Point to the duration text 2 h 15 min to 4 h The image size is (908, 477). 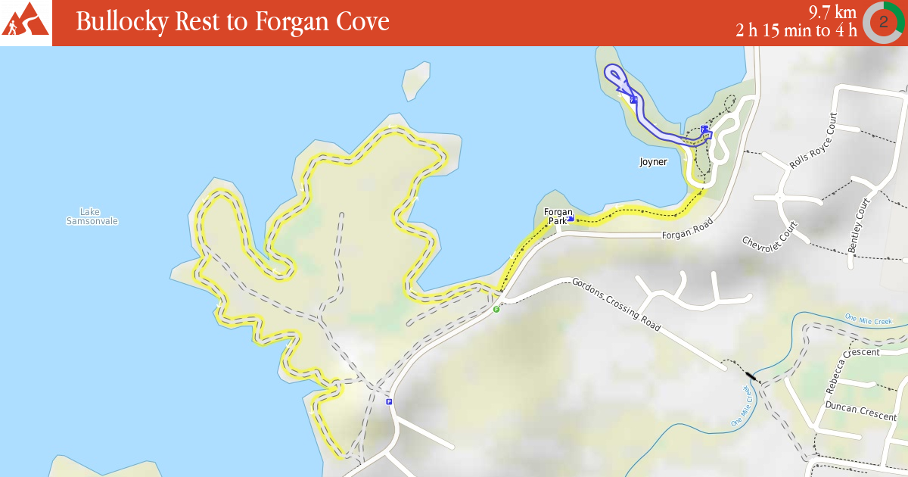click(x=796, y=30)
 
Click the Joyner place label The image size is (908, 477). click(x=653, y=161)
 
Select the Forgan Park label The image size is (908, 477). click(x=557, y=216)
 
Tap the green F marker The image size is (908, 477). click(x=496, y=309)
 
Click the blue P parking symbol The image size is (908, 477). click(x=389, y=401)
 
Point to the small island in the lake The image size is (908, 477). click(x=415, y=80)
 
